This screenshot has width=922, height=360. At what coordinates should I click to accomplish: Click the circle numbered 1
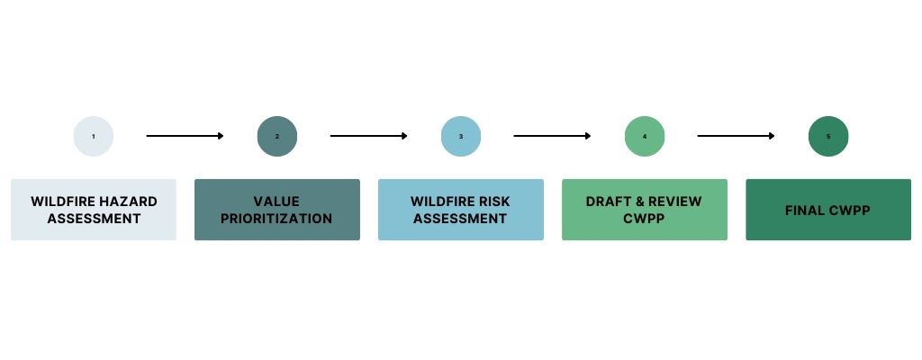94,137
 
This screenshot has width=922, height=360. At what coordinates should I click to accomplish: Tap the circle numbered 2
277,137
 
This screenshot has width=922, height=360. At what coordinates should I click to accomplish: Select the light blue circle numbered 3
461,137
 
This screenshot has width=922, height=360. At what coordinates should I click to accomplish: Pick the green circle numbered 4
645,137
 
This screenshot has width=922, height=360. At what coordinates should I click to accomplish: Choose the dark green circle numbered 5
828,137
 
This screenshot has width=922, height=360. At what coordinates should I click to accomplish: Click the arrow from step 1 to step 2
185,136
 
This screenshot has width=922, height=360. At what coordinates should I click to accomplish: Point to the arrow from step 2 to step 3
368,136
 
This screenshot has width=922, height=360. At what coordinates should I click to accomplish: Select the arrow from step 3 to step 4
552,136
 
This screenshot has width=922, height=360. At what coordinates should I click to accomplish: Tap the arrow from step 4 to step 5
736,136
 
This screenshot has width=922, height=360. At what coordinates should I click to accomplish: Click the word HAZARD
127,202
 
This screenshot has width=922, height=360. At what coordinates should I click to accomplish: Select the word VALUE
276,202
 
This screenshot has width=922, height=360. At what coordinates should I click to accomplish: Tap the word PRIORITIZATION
276,219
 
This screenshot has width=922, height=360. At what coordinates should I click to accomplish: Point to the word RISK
493,202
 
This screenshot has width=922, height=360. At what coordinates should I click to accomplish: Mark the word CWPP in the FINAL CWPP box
851,211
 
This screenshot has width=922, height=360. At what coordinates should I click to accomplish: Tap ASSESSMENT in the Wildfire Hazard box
94,219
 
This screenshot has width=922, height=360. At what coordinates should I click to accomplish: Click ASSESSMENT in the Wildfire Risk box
461,219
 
